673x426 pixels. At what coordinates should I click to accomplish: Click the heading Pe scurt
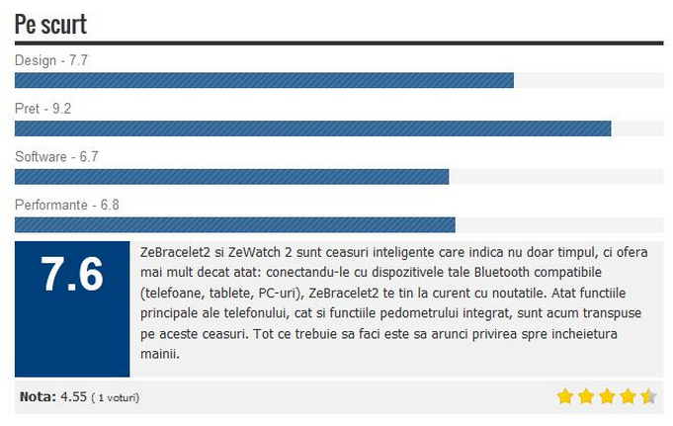50,24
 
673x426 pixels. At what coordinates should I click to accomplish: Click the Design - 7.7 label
51,60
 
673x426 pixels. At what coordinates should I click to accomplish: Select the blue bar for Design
264,80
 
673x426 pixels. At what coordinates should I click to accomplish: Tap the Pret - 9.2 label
42,109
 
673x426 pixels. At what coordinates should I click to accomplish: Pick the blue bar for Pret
312,128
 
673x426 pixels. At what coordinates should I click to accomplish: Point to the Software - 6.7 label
56,157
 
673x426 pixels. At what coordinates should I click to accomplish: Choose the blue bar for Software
231,176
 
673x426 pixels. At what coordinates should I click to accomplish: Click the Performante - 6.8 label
67,206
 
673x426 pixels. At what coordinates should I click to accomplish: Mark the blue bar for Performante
234,224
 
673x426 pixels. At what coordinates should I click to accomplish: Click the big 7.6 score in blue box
72,276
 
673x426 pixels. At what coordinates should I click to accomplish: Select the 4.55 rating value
73,397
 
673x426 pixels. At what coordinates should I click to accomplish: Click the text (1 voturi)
116,398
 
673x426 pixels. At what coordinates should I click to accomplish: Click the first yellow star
565,396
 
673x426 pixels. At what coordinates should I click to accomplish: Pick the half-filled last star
648,396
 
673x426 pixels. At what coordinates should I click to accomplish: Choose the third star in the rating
607,396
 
